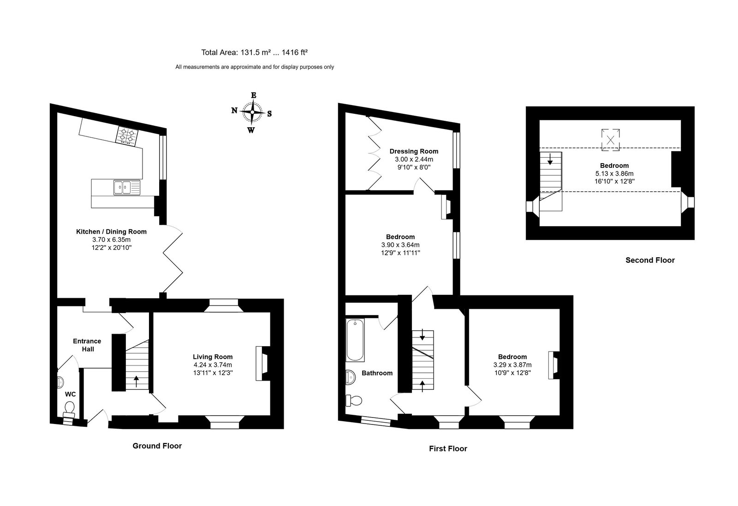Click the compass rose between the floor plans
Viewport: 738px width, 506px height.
coord(252,112)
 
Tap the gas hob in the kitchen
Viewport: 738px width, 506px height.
coord(127,135)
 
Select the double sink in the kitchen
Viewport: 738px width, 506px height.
coord(127,187)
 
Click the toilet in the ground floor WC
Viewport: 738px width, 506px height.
coord(69,409)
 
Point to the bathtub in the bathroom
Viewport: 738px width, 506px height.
coord(355,340)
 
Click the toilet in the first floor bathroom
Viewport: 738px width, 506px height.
coord(353,400)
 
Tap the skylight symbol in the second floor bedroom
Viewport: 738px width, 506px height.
coord(610,140)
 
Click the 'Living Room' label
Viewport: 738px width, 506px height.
coord(213,357)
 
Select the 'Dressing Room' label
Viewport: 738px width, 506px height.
coord(414,152)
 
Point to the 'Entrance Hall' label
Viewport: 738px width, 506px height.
coord(87,345)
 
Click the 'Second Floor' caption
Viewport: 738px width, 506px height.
coord(650,260)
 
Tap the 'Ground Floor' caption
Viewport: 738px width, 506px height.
coord(157,446)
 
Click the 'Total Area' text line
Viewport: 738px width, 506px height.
coord(254,53)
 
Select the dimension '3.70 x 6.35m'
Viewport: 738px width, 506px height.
coord(111,240)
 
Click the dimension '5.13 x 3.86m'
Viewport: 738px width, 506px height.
coord(614,173)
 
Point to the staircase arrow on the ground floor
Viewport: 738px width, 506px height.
coord(137,382)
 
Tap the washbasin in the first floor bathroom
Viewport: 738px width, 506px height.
coord(350,377)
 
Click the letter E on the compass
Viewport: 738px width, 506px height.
coord(254,95)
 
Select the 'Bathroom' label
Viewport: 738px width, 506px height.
coord(377,373)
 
